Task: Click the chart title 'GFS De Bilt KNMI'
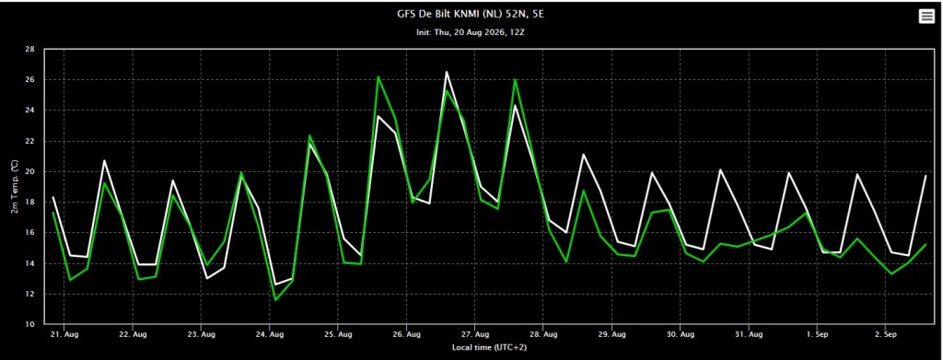pyautogui.click(x=446, y=14)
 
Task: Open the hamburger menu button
pyautogui.click(x=926, y=17)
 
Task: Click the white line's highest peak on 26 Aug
pyautogui.click(x=447, y=72)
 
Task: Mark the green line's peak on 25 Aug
pyautogui.click(x=378, y=76)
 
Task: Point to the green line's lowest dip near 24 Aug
pyautogui.click(x=275, y=300)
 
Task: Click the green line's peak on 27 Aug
pyautogui.click(x=515, y=79)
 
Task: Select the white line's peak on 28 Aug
pyautogui.click(x=583, y=155)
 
